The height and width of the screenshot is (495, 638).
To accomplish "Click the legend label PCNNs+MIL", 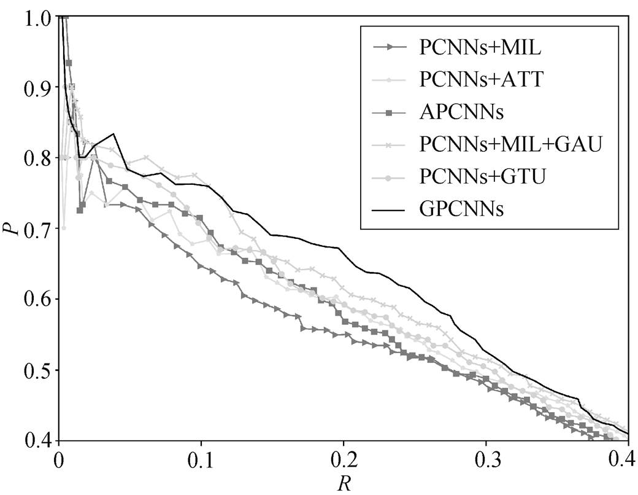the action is point(480,48).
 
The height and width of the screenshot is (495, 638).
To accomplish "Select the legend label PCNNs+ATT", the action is point(482,80).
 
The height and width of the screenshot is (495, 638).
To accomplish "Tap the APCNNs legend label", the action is point(462,112).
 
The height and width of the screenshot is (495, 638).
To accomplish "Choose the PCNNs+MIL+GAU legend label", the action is point(510,144).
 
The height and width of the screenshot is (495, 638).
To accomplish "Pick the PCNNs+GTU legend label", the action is point(482,176).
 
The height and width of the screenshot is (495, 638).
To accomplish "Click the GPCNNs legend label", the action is point(462,209).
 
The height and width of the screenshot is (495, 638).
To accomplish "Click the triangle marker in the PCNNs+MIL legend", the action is point(390,48).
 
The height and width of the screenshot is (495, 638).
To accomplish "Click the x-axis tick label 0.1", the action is point(201,459).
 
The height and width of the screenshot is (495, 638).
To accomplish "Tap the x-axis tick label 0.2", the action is point(344,459).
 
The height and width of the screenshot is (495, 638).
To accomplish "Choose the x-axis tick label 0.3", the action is point(486,459).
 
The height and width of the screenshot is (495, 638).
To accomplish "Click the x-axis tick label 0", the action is point(59,459).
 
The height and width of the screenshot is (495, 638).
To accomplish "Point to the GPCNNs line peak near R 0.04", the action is point(113,134).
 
